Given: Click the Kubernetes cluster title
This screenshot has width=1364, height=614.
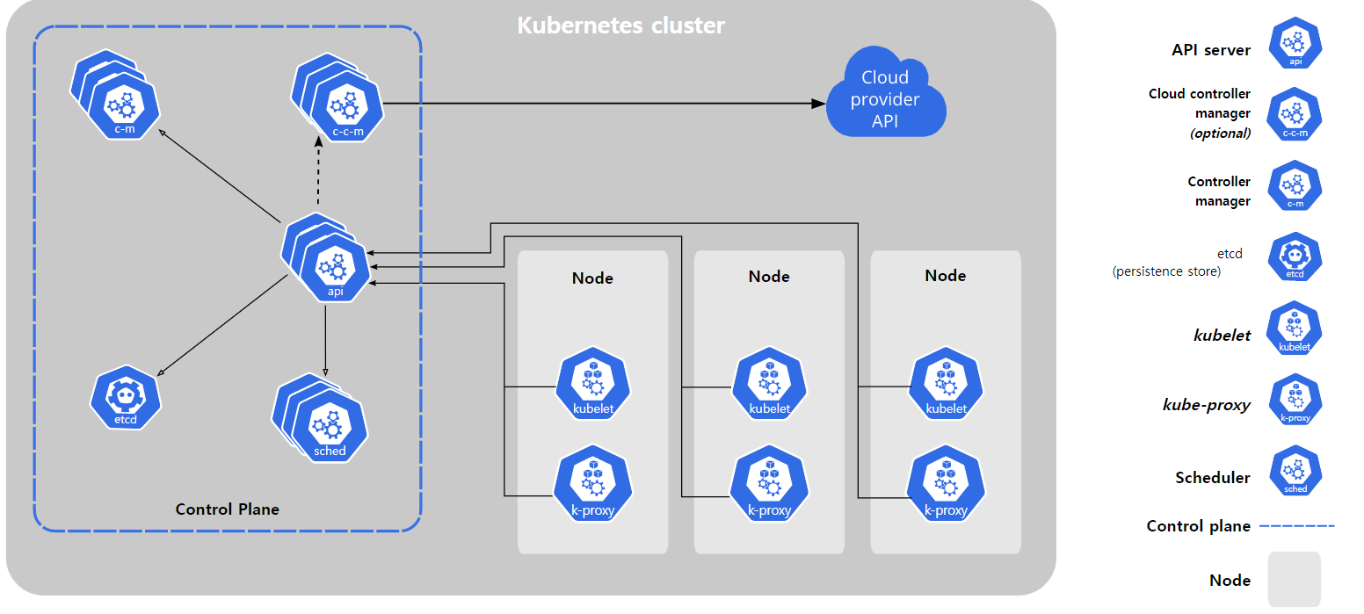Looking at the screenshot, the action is point(620,25).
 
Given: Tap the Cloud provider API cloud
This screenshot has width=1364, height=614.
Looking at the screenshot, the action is point(886,92).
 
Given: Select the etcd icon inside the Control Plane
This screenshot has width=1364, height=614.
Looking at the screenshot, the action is point(126,397).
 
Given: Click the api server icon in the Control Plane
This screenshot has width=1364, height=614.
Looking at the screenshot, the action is point(326,257).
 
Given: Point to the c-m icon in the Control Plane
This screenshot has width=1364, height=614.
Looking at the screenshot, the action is point(115,95).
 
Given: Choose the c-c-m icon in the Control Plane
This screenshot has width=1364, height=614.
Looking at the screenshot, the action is point(337,98).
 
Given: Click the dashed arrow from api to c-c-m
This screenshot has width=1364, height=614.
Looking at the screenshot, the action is point(318,170).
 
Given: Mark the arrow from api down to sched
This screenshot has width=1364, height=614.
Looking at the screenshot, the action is point(325,341).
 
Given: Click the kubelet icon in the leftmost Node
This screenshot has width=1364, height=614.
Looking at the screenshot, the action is point(592,383).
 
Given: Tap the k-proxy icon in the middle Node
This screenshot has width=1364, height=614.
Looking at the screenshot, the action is point(769,484).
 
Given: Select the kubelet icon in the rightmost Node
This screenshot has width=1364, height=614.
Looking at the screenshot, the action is point(946,383).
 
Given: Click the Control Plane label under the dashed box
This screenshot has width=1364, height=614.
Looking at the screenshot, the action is point(227,509).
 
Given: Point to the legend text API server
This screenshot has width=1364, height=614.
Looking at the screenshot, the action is point(1211,50).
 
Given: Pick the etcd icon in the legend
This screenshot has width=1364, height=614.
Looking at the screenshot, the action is point(1295,256).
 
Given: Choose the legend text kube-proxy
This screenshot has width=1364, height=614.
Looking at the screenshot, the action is point(1207,405).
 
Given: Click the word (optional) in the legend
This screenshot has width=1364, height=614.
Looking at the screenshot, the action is point(1220,134).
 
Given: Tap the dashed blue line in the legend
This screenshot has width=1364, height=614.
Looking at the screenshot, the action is point(1296,526).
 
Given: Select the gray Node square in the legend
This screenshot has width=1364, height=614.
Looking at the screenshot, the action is point(1295,579).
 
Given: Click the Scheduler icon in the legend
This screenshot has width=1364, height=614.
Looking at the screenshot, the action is point(1295,471).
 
